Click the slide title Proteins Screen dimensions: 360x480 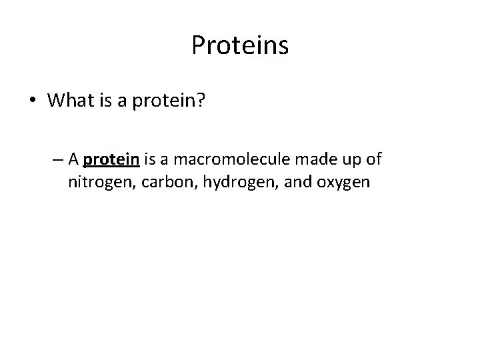coord(240,45)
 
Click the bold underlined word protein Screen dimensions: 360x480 coord(111,160)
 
